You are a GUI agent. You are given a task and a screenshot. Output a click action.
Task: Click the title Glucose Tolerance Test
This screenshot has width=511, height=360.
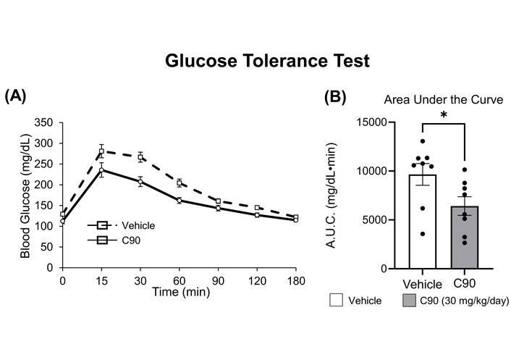267,61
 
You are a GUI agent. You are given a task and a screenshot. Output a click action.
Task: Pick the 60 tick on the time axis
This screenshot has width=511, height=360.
179,280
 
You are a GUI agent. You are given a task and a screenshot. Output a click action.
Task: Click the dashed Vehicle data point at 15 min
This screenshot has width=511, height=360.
102,151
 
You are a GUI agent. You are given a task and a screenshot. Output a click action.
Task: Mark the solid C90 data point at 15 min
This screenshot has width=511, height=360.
102,171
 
